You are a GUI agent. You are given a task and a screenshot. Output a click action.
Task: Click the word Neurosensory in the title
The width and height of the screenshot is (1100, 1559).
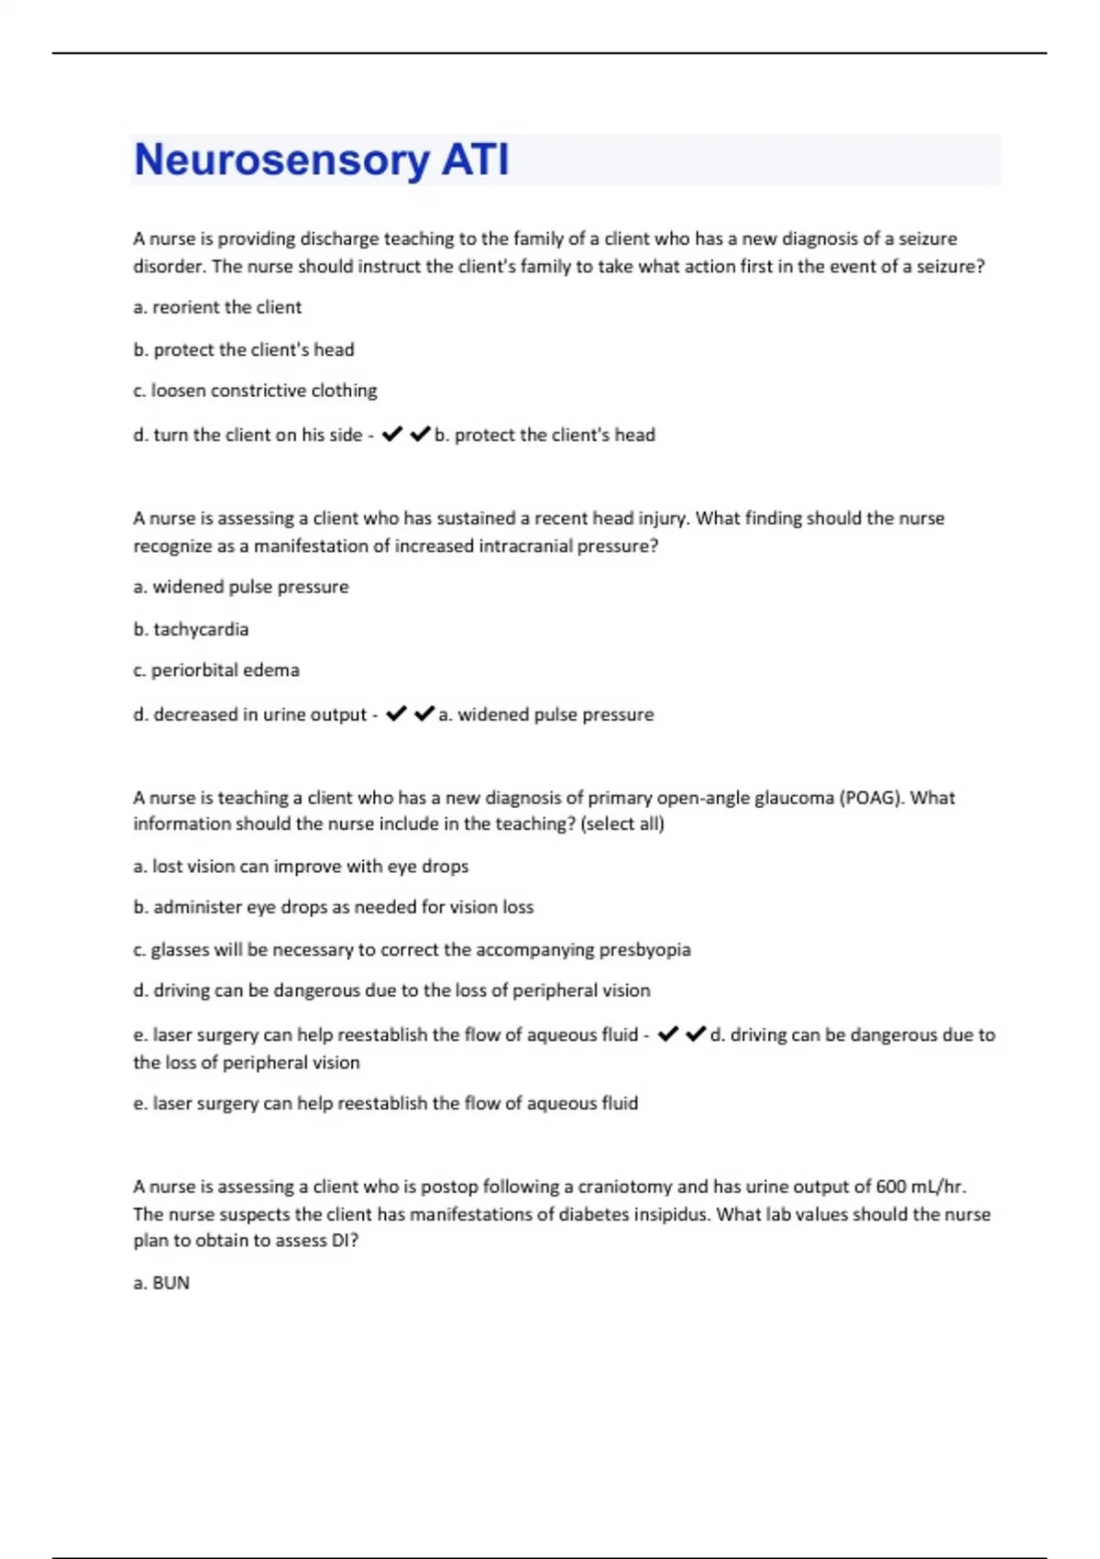281,160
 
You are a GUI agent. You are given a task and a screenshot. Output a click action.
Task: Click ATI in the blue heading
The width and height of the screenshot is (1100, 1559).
475,160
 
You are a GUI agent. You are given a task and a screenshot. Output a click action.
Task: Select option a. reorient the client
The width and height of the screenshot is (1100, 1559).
217,307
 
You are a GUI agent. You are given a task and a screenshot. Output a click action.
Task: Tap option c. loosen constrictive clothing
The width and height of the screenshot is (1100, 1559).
255,391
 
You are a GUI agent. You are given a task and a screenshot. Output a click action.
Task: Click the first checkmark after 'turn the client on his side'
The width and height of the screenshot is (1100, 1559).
392,435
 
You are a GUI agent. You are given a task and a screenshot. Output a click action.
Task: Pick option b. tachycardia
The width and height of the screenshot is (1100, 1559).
191,629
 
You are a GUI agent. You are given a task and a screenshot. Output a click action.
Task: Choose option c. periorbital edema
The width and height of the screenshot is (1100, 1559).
216,670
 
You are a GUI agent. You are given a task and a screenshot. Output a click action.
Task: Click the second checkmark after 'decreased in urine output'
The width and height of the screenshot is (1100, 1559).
423,713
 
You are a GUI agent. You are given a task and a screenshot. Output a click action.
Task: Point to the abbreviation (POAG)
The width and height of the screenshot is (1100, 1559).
871,798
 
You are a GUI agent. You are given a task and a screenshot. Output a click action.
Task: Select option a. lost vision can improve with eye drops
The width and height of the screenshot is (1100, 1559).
301,867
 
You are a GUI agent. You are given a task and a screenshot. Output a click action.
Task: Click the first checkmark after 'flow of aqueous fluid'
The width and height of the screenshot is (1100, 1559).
668,1034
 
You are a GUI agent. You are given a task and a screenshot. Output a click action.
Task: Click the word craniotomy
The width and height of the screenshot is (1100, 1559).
626,1187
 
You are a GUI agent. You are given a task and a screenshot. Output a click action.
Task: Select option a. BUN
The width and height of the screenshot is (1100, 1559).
161,1283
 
